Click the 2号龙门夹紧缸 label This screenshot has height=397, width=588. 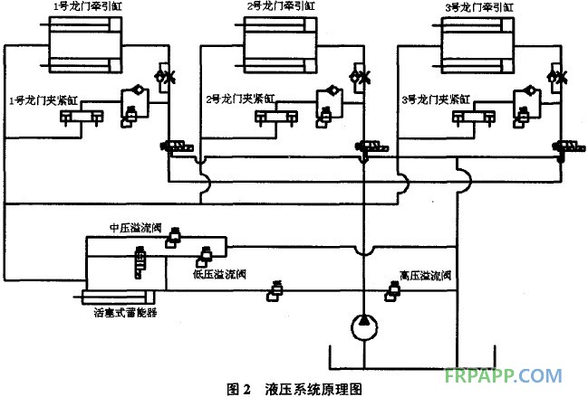[237, 99]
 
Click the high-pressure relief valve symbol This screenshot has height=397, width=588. [395, 290]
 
